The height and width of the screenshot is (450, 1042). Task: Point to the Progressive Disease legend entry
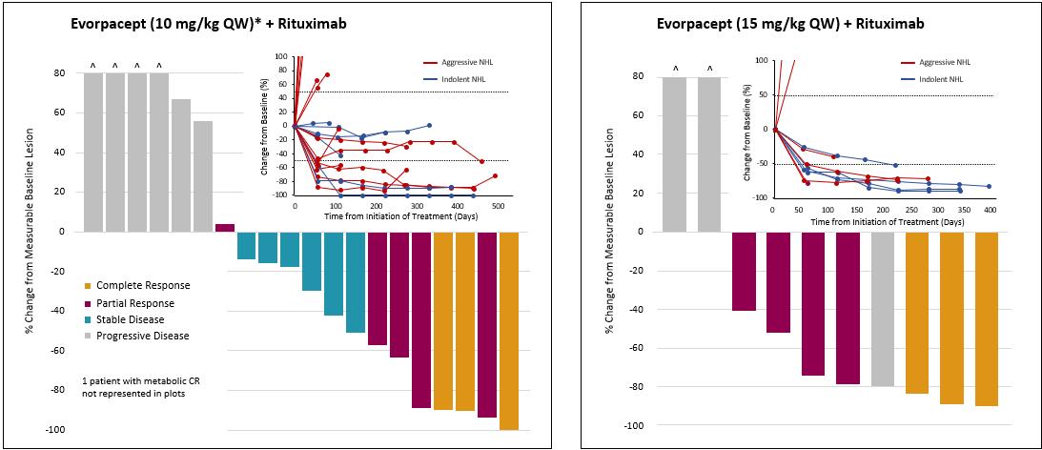(x=142, y=336)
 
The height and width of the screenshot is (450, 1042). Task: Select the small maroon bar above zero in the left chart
(x=225, y=227)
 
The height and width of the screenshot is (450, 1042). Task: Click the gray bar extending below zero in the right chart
(x=883, y=308)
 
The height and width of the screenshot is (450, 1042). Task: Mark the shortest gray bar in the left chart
(x=203, y=175)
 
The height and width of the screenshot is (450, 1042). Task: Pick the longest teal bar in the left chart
(x=355, y=281)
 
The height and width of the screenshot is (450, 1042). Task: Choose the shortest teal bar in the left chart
(x=246, y=245)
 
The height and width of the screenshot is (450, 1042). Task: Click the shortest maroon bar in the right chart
(x=744, y=271)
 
